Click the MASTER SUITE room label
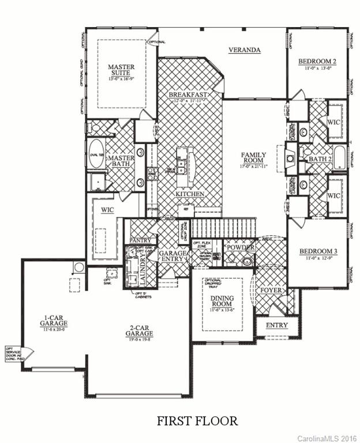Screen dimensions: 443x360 [x=121, y=71]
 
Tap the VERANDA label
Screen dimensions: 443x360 [x=244, y=50]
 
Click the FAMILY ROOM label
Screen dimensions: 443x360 [x=254, y=159]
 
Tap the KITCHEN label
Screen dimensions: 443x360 [x=190, y=194]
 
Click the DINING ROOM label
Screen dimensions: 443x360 [x=222, y=301]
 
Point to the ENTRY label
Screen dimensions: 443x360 [x=276, y=326]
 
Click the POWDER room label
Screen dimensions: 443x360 [x=238, y=247]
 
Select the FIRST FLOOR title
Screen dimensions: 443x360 [x=197, y=421]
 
